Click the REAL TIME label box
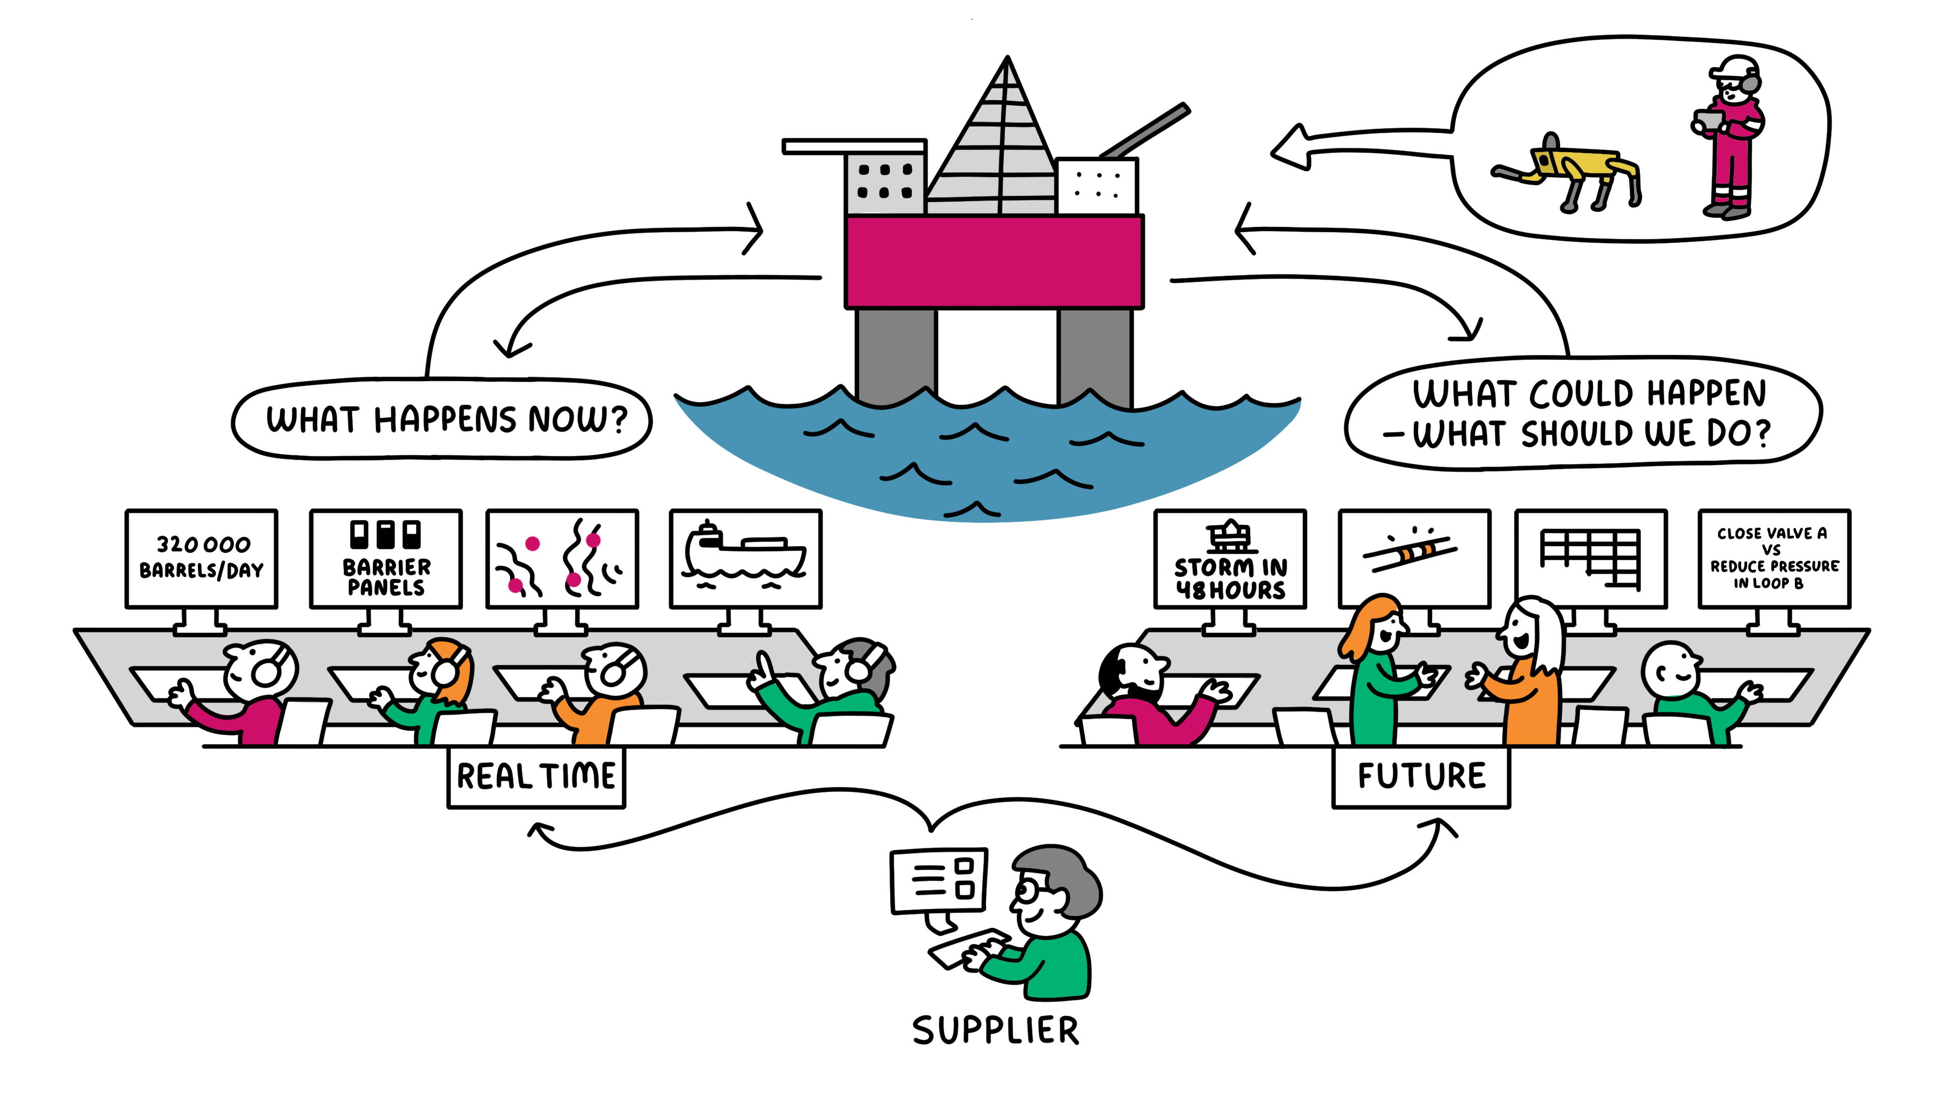tap(536, 777)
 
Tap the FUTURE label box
tap(1421, 777)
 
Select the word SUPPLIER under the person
tap(995, 1030)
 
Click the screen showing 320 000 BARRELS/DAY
tap(202, 559)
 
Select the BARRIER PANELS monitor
tap(386, 559)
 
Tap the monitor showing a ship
tap(746, 559)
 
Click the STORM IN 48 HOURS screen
tap(1230, 559)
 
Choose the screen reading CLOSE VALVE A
tap(1774, 559)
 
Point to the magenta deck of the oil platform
tap(994, 261)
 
